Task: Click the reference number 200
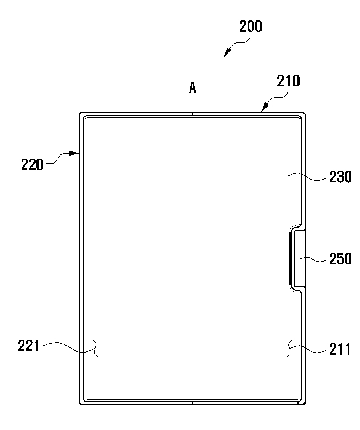click(x=251, y=26)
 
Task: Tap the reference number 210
click(x=288, y=81)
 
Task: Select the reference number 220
click(x=32, y=164)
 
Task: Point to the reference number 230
click(x=340, y=177)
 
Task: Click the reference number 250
click(x=340, y=258)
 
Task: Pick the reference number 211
click(x=340, y=349)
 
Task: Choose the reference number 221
click(x=28, y=345)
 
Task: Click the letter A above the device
click(x=192, y=88)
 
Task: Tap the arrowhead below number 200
click(x=227, y=53)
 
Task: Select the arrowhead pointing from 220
click(x=74, y=153)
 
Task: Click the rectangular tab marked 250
click(x=299, y=258)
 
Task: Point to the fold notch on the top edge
click(x=192, y=113)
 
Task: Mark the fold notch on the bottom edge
click(x=192, y=403)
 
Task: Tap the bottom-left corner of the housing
click(x=81, y=403)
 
